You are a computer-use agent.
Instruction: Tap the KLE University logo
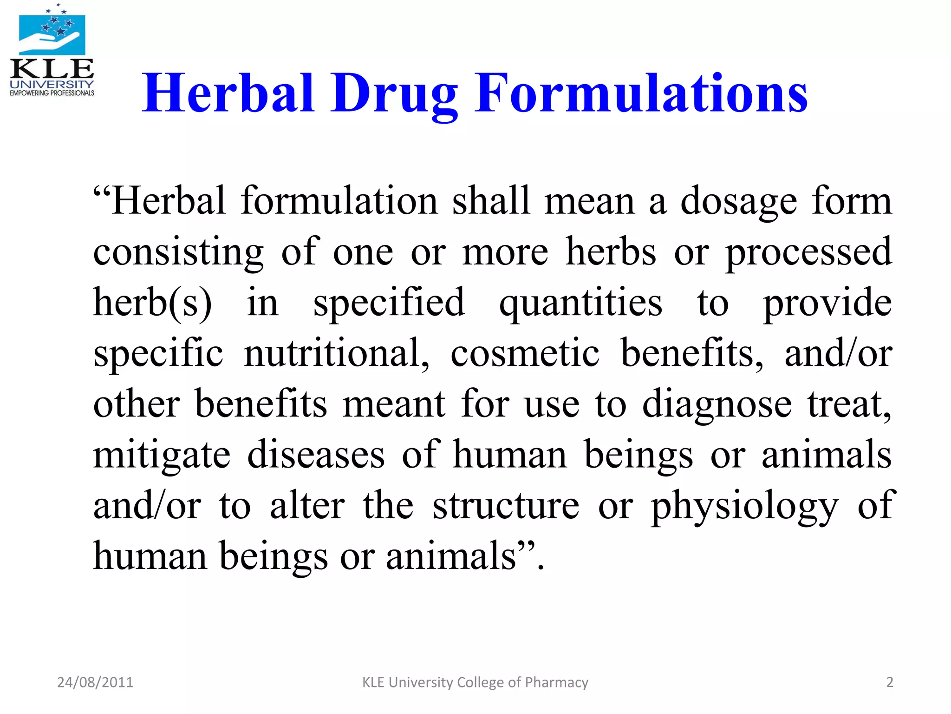click(52, 51)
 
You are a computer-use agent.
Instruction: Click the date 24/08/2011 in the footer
click(95, 682)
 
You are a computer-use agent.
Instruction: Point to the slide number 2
click(890, 682)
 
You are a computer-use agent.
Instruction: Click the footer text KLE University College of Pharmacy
click(475, 682)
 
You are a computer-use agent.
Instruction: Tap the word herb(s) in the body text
click(152, 303)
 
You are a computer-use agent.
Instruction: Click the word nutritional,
click(337, 354)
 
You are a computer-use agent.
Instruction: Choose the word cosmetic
click(525, 354)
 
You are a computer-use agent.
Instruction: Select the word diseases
click(316, 455)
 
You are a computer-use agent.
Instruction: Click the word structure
click(506, 506)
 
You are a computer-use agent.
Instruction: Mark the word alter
click(307, 506)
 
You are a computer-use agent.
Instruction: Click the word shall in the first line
click(491, 201)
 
